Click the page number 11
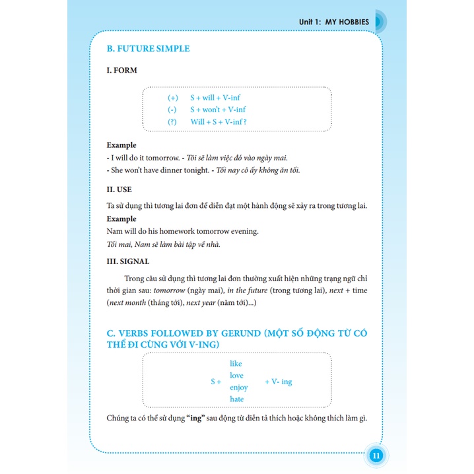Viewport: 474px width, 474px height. click(374, 456)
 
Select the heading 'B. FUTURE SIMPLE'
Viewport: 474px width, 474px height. click(148, 49)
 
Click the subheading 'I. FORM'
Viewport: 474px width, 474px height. click(122, 71)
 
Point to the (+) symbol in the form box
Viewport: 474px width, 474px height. click(173, 98)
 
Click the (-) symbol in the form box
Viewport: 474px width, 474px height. click(172, 110)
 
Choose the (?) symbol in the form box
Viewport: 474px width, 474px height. click(173, 121)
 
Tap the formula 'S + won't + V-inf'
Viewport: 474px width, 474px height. click(218, 110)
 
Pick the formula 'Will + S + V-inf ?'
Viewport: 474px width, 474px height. click(219, 121)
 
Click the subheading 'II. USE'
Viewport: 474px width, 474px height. click(119, 189)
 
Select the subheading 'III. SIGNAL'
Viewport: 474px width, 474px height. click(128, 261)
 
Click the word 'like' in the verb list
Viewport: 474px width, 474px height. click(236, 364)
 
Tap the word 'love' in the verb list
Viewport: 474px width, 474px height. click(236, 376)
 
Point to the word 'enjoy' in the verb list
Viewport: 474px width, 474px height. click(238, 388)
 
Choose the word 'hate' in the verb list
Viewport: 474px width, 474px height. click(236, 399)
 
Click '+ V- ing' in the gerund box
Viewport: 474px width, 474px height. click(278, 382)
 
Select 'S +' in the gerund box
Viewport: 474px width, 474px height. click(216, 382)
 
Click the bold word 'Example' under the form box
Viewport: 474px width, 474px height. click(121, 145)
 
